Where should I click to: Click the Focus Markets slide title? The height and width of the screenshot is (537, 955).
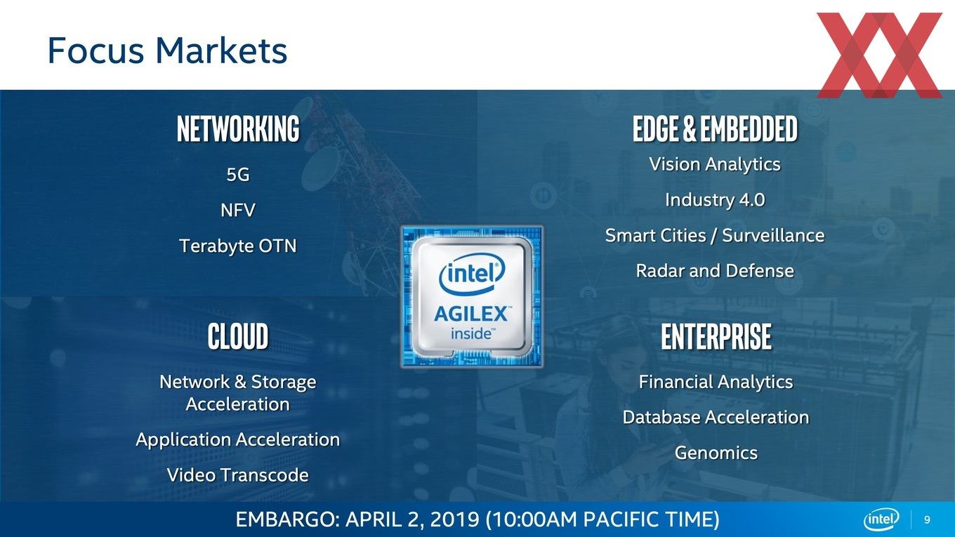[167, 51]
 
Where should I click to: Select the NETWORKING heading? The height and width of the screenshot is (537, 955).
[238, 128]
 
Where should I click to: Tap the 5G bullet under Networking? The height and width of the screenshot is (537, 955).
[238, 174]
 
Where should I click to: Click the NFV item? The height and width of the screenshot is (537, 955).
[238, 210]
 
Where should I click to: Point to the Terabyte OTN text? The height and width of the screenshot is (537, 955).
[238, 246]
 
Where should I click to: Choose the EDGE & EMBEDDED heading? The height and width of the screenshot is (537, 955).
[715, 128]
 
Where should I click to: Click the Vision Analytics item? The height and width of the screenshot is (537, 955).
[715, 164]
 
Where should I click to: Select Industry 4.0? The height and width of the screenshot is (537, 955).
[715, 200]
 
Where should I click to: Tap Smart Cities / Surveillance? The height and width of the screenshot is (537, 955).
[715, 236]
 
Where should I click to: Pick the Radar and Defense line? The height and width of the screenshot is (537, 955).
[715, 271]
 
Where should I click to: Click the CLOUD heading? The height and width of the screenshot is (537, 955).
[238, 336]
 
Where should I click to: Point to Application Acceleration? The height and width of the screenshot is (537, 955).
[238, 440]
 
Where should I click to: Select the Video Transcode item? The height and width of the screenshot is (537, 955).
[238, 475]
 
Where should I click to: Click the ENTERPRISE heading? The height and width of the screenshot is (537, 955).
[716, 336]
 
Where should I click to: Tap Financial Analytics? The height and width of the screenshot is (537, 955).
[716, 383]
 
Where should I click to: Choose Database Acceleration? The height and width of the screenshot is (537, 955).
[716, 417]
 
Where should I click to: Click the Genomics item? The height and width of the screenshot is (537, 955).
[716, 453]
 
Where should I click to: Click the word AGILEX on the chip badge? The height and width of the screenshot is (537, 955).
[471, 314]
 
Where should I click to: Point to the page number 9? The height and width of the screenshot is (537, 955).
[927, 520]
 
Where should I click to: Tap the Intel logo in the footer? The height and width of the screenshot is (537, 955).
[881, 519]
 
